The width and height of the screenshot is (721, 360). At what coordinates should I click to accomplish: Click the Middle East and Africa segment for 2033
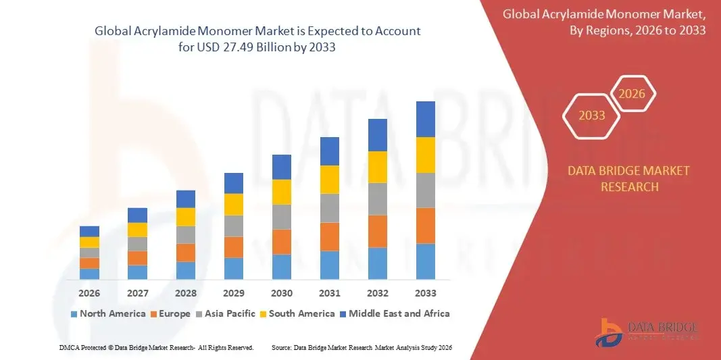pos(425,119)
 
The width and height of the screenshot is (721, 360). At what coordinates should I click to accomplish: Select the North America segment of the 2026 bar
pos(89,274)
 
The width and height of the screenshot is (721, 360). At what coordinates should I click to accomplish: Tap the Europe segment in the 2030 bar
pos(282,241)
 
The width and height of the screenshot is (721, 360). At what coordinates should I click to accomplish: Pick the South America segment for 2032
pos(377,167)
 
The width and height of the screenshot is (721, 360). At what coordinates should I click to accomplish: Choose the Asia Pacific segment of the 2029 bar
pos(233,226)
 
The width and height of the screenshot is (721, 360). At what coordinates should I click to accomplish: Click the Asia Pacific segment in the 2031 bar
pos(329,208)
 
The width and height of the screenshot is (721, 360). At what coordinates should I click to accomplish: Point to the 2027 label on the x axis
pos(137,294)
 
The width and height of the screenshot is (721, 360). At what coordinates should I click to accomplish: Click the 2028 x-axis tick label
pos(185,294)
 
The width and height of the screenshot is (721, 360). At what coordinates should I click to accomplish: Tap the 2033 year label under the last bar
pos(425,294)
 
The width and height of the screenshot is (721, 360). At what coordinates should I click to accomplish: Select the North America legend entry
pos(108,313)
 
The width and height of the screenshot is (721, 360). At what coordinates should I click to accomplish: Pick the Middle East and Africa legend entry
pos(395,313)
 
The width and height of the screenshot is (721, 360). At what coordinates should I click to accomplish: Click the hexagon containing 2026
pos(632,94)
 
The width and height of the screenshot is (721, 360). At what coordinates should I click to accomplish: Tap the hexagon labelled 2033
pos(592,115)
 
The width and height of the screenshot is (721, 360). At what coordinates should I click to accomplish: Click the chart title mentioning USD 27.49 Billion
pos(257,38)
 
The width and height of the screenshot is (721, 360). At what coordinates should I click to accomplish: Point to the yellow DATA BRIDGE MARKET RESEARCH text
pos(629,178)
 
